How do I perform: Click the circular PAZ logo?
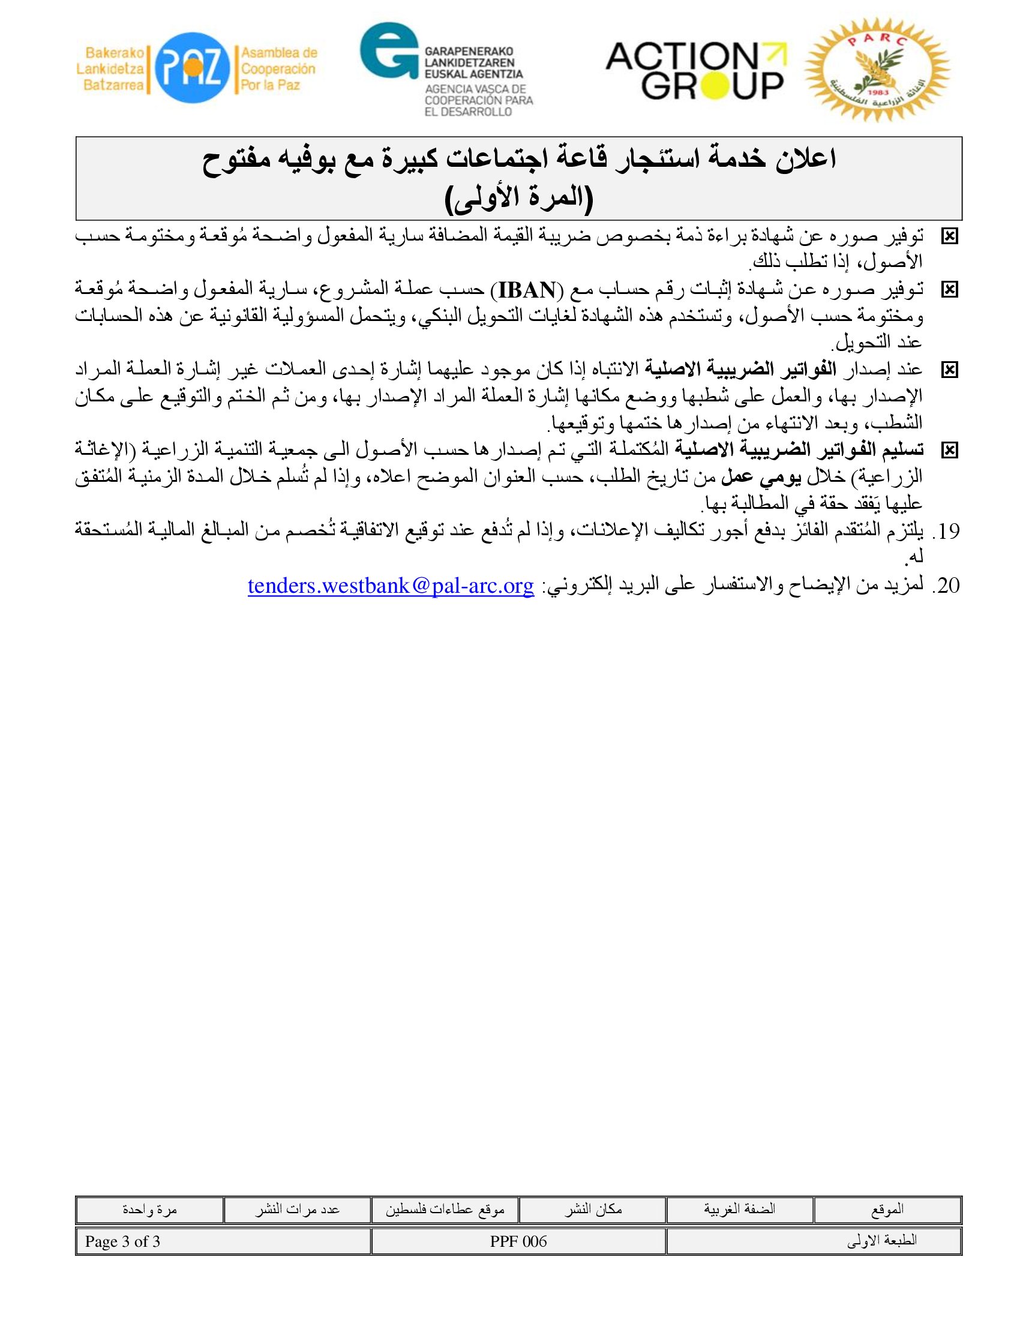tap(192, 68)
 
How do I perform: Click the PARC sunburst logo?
tap(877, 71)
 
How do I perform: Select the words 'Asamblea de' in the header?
tap(279, 53)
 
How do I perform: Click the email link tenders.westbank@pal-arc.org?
tap(391, 585)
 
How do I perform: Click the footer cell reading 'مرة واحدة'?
tap(149, 1210)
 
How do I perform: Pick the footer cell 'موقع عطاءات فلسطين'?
tap(445, 1210)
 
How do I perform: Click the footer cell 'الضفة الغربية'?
tap(740, 1210)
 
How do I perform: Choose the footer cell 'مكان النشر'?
tap(593, 1210)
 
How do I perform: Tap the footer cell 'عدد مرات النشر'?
tap(296, 1210)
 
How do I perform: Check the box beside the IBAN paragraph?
tap(949, 290)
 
